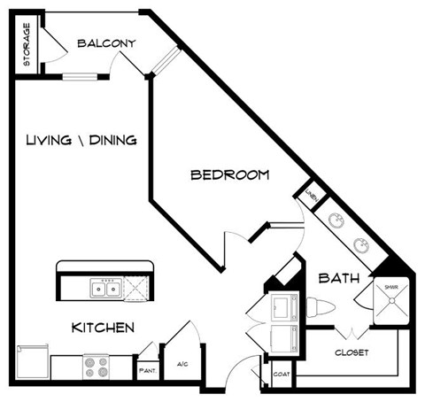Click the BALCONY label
pos(104,43)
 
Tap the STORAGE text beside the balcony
pos(27,45)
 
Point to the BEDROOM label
pos(229,174)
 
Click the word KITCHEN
pos(103,328)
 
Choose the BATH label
pos(338,278)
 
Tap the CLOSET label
pos(351,352)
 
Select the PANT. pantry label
pos(146,363)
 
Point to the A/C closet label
pos(182,363)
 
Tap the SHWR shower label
pos(390,287)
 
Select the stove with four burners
pos(96,365)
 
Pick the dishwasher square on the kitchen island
pos(138,288)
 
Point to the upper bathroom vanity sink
pos(336,221)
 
